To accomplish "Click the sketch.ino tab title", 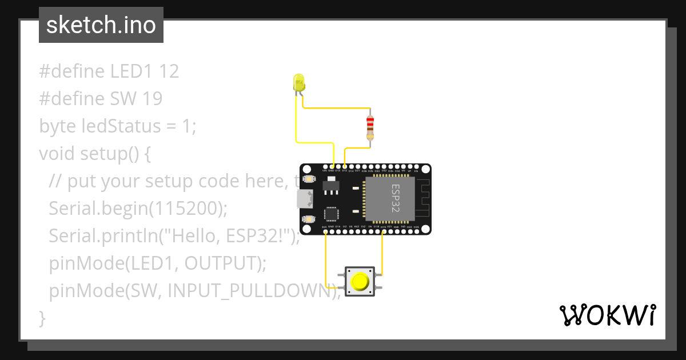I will coord(101,25).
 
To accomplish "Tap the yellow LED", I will coord(298,83).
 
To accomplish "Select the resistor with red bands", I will coord(370,127).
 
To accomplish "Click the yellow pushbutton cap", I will coord(360,281).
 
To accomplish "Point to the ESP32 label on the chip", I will coord(396,198).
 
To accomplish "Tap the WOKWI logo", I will coord(607,315).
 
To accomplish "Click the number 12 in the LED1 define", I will coord(169,71).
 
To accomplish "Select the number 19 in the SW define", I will coord(153,99).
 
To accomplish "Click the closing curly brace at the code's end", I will coord(42,318).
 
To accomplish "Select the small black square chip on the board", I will coord(332,214).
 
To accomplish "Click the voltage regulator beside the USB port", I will coord(330,185).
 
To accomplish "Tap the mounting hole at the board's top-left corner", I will coord(307,169).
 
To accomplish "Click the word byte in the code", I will coord(57,126).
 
